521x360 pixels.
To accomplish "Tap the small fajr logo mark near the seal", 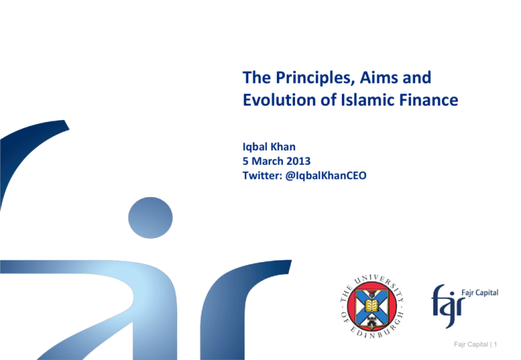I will point(448,301).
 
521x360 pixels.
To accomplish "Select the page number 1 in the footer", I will point(506,346).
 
